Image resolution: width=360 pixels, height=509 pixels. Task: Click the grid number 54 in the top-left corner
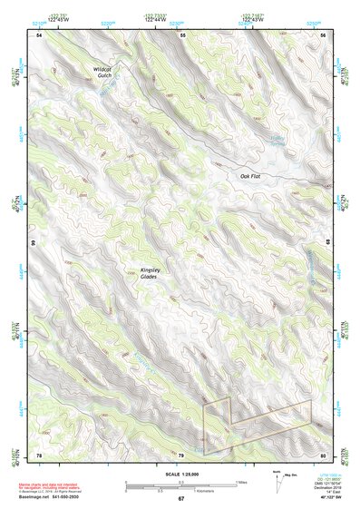pos(39,35)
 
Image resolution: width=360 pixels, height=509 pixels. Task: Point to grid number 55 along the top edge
pos(182,35)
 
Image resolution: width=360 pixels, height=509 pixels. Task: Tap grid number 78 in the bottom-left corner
pos(39,454)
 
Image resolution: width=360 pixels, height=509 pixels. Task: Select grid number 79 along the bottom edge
pos(180,454)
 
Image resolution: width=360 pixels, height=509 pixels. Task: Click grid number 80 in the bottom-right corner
pos(322,454)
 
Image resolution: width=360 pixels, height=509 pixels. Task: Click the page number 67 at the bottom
pos(180,498)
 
